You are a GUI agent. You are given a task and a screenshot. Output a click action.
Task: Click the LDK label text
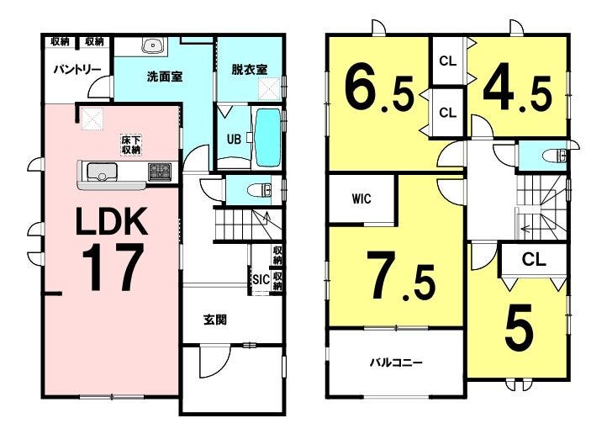tap(113, 221)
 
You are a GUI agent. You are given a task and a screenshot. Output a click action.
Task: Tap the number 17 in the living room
tap(113, 267)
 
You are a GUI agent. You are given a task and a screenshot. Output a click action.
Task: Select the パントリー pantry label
tap(77, 70)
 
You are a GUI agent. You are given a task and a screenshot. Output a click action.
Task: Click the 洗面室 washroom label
tap(165, 77)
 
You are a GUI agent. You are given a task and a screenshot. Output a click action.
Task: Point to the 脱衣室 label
tap(250, 70)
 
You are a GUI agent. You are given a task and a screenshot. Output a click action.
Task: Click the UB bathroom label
tap(234, 139)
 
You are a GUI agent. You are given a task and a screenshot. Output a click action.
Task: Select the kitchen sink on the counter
tap(102, 172)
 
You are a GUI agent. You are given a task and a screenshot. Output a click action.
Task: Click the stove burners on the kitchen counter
tap(160, 172)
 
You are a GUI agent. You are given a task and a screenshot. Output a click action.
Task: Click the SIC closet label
tap(261, 279)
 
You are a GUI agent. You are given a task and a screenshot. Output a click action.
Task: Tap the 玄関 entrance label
tap(215, 320)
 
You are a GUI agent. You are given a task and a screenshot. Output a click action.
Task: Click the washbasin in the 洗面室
tap(154, 46)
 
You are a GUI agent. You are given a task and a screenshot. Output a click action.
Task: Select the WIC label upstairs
tap(362, 198)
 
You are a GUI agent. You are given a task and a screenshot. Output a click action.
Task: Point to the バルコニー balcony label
tap(396, 363)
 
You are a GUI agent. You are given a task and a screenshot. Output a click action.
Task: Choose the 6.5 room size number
tap(379, 91)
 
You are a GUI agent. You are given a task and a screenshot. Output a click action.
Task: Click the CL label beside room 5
tap(534, 259)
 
